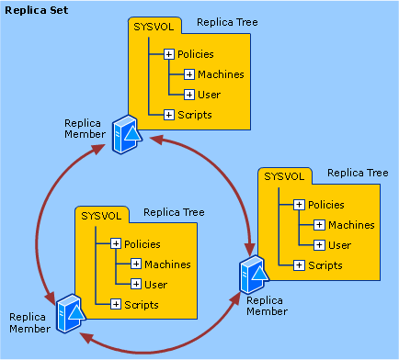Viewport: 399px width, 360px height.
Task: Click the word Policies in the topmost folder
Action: point(196,54)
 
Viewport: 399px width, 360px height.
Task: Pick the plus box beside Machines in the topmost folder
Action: point(189,74)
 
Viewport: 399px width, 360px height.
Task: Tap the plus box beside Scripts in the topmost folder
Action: point(169,115)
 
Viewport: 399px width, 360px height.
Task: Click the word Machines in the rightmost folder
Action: point(351,225)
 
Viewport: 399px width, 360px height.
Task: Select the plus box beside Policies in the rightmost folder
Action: point(299,205)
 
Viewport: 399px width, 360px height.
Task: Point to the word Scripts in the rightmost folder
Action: point(325,265)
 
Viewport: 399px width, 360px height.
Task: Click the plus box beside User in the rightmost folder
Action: point(319,245)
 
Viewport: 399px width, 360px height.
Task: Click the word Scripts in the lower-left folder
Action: point(142,304)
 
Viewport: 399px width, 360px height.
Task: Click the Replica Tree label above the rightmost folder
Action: point(358,172)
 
